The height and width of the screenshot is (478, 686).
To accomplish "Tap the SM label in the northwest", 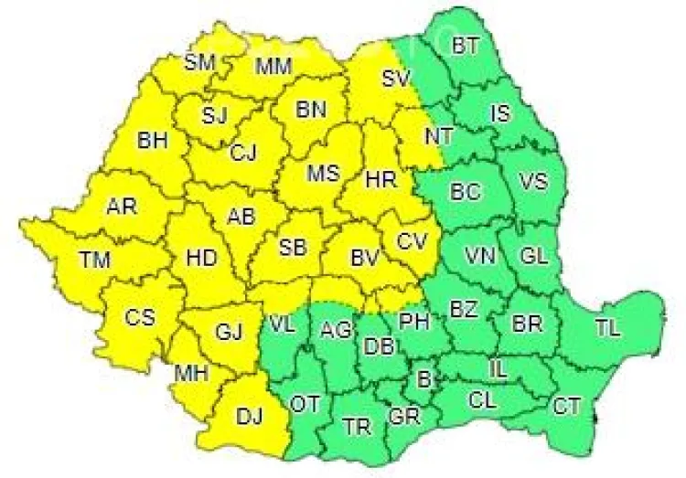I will click(x=200, y=62).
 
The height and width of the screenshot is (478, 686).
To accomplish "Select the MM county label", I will click(x=273, y=66).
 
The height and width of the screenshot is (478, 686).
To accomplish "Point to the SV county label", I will click(x=394, y=79).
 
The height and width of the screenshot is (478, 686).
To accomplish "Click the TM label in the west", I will click(x=94, y=260).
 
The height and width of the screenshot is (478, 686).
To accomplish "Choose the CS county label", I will click(x=140, y=318).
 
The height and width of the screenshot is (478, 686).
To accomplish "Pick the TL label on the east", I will click(x=606, y=326).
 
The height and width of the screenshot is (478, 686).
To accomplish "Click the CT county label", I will click(x=566, y=407).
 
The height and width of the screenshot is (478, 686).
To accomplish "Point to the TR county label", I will click(x=355, y=426).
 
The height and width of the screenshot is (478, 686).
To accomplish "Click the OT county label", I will click(x=305, y=403).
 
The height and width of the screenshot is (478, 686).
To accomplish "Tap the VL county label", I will click(x=283, y=324).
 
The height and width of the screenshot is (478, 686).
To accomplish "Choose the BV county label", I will click(x=365, y=260).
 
